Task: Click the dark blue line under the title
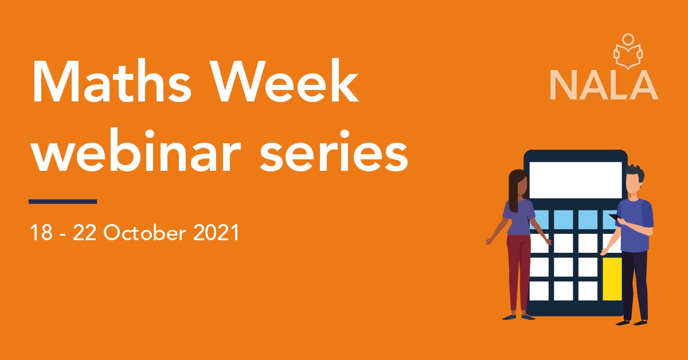click(62, 201)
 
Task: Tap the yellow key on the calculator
click(612, 279)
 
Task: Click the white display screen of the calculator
click(575, 179)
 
